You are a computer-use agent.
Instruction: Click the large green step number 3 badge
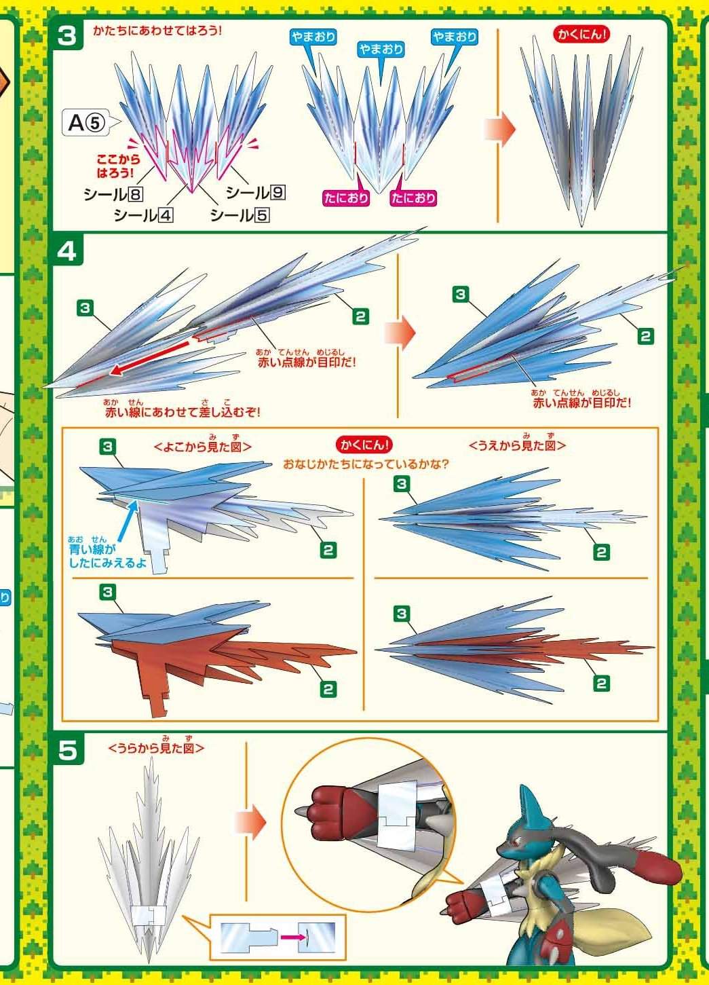(66, 35)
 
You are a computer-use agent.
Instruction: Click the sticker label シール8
(113, 194)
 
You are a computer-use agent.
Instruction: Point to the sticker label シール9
(256, 192)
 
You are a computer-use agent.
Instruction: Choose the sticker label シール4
(143, 215)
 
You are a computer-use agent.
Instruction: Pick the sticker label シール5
(240, 215)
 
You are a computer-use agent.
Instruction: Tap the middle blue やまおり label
(381, 50)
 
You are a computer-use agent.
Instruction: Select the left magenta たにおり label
(345, 198)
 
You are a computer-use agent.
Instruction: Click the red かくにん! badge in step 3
(582, 35)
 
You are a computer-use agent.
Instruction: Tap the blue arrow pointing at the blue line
(127, 523)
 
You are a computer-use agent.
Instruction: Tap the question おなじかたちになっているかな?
(366, 464)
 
